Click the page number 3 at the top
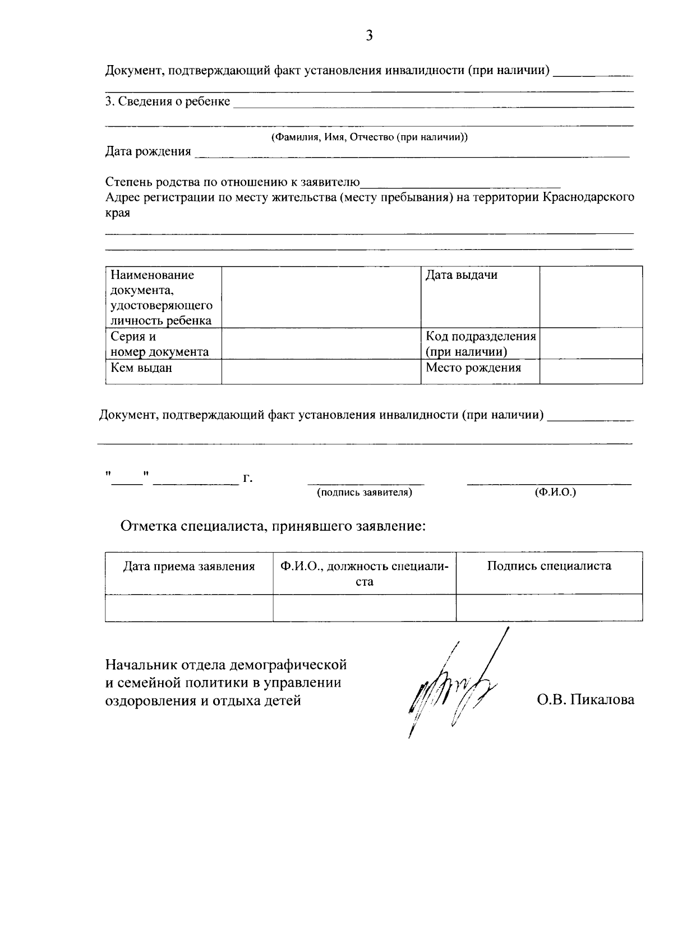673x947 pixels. coord(369,36)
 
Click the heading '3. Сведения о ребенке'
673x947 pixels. coord(168,102)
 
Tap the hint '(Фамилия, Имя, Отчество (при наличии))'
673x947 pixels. coord(370,137)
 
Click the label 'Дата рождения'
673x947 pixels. coord(148,151)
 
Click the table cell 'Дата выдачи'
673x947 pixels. coord(462,275)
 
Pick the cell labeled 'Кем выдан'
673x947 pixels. coord(141,368)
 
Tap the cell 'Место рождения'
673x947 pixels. coord(473,368)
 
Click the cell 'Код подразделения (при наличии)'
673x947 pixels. coord(480,344)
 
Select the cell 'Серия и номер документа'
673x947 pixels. coord(160,344)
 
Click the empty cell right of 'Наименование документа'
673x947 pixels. coord(321,297)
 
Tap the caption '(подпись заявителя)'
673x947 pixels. coord(365,493)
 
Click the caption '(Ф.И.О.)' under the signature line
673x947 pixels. coord(555,493)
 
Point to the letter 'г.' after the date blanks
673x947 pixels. coord(247,479)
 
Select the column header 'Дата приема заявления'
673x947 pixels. coord(189,567)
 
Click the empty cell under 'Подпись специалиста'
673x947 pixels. coord(549,608)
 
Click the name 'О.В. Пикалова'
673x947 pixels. coord(585,700)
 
